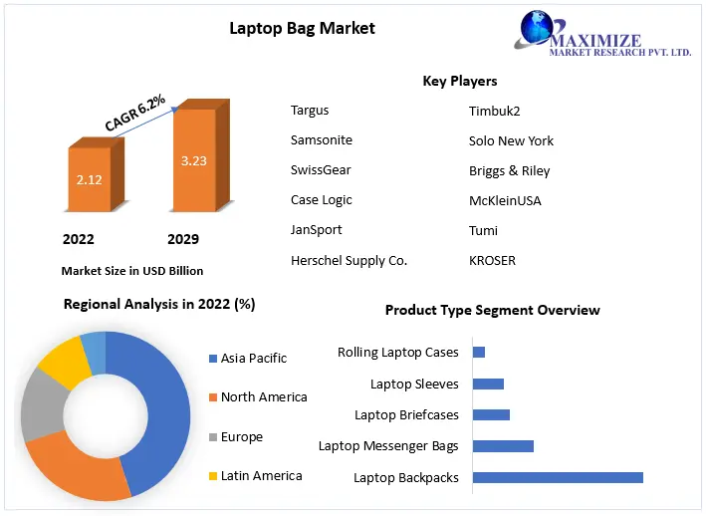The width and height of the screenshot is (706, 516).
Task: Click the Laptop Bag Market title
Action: point(302,28)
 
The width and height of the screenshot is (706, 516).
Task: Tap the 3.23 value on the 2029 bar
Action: point(193,159)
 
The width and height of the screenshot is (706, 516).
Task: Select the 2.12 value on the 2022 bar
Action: point(90,180)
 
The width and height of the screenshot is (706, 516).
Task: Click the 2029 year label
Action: point(183,239)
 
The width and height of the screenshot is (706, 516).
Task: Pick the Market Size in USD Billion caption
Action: point(131,271)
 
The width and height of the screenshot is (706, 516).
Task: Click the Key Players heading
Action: point(459,81)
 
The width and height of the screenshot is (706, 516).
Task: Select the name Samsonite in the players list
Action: point(321,140)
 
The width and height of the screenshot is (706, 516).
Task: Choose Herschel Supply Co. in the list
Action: point(349,260)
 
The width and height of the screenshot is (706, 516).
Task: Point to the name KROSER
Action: point(492,260)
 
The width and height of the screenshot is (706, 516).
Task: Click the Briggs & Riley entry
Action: point(509,170)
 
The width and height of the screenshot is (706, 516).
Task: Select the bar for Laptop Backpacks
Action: point(558,477)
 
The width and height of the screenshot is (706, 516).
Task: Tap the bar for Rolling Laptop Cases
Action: point(479,352)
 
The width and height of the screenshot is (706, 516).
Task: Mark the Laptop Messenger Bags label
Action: point(388,445)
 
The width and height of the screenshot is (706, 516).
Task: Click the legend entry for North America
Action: point(264,396)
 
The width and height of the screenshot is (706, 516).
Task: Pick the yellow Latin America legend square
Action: point(212,476)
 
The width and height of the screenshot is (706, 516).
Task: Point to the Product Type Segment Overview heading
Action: point(492,310)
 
